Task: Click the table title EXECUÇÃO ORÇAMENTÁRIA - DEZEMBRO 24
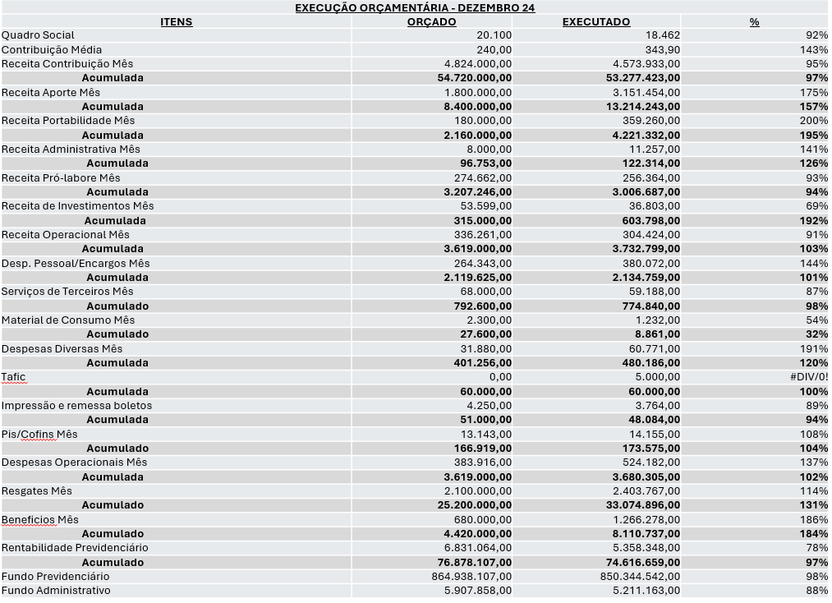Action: pos(415,7)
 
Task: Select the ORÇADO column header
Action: pos(431,22)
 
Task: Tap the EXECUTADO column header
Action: pos(596,22)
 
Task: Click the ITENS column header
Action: pos(176,22)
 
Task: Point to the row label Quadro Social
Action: pos(38,35)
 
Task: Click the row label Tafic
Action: pos(13,377)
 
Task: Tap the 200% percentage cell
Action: pos(816,121)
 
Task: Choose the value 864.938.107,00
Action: pos(466,577)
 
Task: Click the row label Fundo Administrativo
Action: pos(56,591)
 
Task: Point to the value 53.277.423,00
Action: pos(631,78)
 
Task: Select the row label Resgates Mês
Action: pos(37,491)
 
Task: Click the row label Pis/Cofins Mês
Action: pos(39,435)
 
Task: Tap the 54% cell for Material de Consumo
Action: pos(817,320)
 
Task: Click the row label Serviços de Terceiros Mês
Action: pos(67,292)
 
